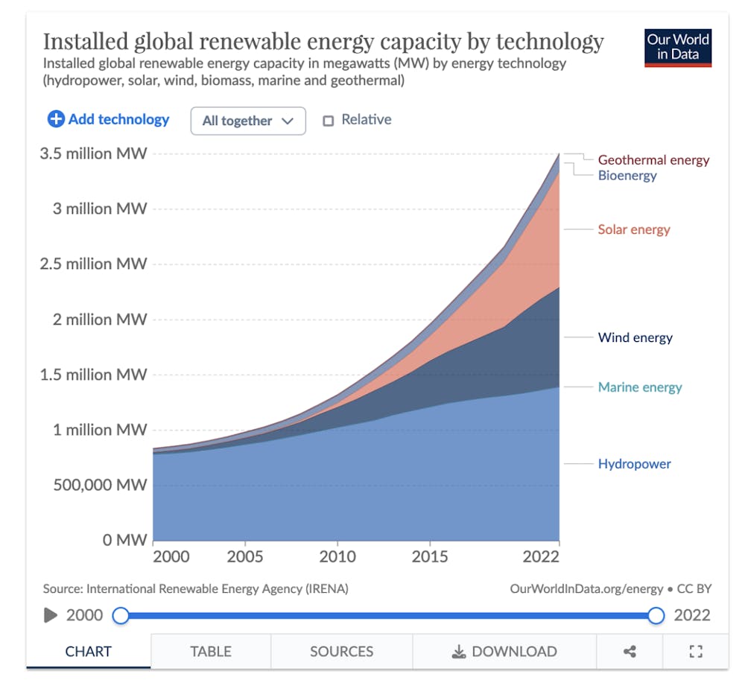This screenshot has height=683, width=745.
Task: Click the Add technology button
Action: coord(109,119)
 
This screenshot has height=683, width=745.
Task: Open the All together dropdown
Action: coord(248,121)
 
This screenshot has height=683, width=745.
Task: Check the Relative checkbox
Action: coord(329,121)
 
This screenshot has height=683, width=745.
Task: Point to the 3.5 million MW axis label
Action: coord(93,153)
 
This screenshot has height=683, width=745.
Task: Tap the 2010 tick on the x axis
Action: coord(338,556)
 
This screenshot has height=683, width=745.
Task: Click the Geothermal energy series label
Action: coord(653,160)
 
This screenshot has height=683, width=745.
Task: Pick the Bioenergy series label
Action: coord(627,176)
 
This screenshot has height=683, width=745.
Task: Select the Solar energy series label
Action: coord(634,229)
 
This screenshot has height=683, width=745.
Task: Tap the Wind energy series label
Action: coord(635,337)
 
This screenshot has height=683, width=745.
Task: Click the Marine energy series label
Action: coord(640,387)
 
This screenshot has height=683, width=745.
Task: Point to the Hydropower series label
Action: coord(634,464)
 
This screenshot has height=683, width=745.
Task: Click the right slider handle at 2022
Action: coord(656,615)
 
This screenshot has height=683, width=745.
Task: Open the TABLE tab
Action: coord(211,652)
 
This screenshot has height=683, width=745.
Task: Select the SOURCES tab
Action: coord(341,652)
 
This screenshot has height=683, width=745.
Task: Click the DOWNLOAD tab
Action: coord(504,652)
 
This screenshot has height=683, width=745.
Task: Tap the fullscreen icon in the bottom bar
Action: coord(696,652)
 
